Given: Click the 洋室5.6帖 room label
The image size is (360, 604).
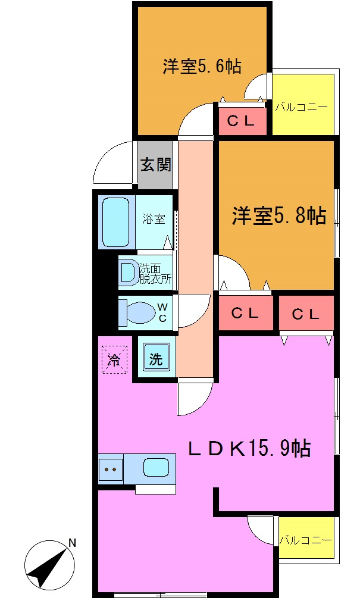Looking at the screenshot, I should [x=202, y=66].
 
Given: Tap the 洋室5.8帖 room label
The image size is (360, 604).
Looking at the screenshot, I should [x=278, y=215].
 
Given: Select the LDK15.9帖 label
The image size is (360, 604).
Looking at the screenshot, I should [x=249, y=448].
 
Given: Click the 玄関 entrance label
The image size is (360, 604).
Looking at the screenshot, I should [x=155, y=165].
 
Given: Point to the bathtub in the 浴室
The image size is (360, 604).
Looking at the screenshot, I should [x=117, y=222].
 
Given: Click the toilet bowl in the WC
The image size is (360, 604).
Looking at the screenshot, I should [x=139, y=312].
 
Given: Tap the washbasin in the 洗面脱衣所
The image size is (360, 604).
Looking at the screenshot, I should [x=128, y=272].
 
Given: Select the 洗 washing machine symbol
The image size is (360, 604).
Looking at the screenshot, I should [x=155, y=359].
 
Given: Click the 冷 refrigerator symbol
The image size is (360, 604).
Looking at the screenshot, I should [x=114, y=359].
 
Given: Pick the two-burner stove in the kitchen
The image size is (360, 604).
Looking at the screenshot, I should [x=110, y=468].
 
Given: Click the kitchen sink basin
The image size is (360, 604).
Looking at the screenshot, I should [x=156, y=467].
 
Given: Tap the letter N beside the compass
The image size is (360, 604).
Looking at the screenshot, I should [x=71, y=543].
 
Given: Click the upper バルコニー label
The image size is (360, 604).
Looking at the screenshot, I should [x=301, y=108].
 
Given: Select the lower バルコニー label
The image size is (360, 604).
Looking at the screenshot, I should [x=305, y=540].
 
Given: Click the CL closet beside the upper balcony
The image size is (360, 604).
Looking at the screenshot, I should [x=242, y=121].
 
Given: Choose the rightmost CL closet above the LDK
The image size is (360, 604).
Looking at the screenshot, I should [x=306, y=314].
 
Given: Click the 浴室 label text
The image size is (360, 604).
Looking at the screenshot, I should [x=154, y=219].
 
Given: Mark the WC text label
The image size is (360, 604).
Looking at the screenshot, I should [x=161, y=312].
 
